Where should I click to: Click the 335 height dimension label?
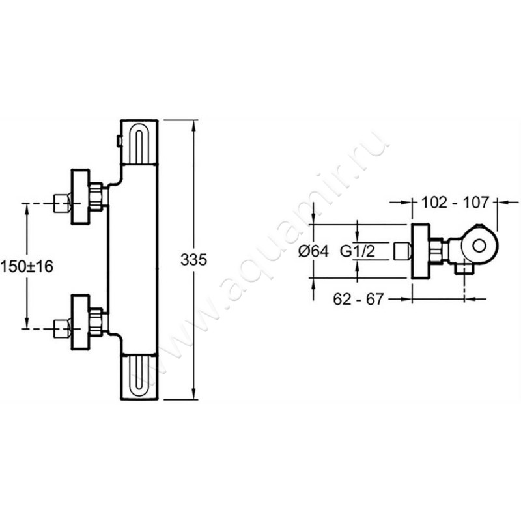click(193, 259)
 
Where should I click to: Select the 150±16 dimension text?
click(27, 266)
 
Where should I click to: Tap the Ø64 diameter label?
click(313, 251)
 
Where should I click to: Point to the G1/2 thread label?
click(357, 251)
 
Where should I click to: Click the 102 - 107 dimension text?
click(455, 203)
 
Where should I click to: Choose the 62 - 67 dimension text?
click(358, 299)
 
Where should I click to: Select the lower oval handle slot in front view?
click(139, 376)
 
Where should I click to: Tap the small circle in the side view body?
click(479, 247)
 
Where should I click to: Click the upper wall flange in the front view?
click(80, 197)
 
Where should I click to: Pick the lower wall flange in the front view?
click(80, 322)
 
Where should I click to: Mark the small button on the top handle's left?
click(119, 141)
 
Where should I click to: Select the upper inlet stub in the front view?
click(62, 203)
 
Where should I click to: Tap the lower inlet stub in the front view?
click(62, 329)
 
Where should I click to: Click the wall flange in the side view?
click(421, 251)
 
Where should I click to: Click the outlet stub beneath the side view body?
click(464, 270)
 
